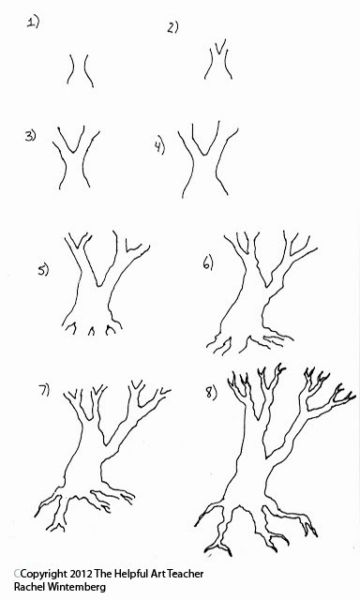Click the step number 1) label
pos(33,22)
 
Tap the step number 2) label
pos(172,27)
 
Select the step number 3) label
pos(30,136)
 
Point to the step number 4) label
pos(159,147)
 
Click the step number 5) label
pos(43,270)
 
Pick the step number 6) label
pos(208,263)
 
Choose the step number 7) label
pos(44,391)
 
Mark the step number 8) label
pos(211,393)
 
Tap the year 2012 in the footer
pos(82,574)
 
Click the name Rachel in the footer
pos(29,587)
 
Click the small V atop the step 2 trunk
pos(218,47)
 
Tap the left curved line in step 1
pos(70,69)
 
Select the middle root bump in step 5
pos(92,331)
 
